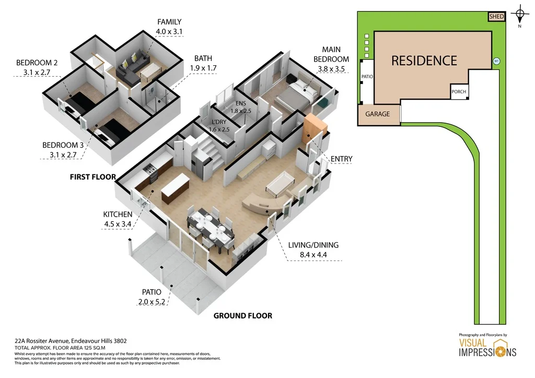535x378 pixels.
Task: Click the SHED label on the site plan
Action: coord(496,17)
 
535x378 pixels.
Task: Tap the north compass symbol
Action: coord(520,14)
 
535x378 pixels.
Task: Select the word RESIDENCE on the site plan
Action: coord(424,61)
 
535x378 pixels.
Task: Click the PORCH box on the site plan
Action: coord(459,91)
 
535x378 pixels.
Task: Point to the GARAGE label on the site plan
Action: coord(377,114)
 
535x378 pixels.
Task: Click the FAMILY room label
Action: coord(169,22)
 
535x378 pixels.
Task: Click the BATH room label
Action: coord(203,58)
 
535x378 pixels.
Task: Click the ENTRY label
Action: coord(342,159)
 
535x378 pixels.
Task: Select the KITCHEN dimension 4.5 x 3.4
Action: coord(117,225)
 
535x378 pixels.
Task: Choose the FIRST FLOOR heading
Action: coord(92,177)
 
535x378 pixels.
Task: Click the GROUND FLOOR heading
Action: coord(242,315)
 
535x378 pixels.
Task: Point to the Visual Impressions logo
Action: coord(487,347)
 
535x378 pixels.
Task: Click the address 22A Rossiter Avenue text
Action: coord(71,340)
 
